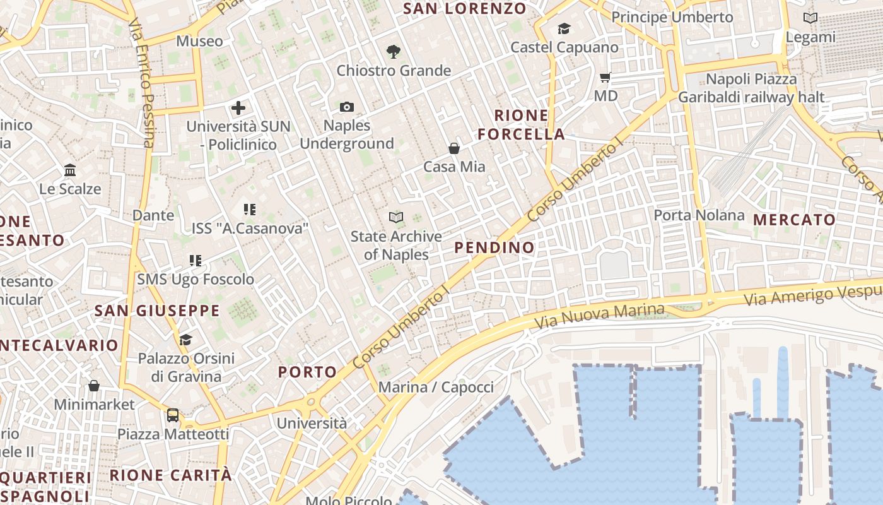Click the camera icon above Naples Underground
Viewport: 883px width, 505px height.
(347, 107)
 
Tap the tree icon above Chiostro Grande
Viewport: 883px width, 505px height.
(394, 52)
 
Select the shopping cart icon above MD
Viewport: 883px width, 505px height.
(605, 78)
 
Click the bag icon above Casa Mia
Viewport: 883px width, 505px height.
(453, 148)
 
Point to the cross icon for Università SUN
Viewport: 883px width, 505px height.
(238, 108)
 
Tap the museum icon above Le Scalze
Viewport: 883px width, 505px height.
(70, 170)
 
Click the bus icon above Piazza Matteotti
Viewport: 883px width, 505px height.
(173, 415)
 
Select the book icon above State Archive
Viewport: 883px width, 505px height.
(396, 218)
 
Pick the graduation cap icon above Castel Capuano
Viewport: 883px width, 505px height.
(564, 29)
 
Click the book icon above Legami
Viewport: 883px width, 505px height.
(810, 18)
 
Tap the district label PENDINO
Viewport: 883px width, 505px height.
(494, 247)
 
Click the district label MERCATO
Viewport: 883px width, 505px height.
(795, 220)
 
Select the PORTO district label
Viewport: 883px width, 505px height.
(308, 372)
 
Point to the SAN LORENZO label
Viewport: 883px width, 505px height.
(464, 8)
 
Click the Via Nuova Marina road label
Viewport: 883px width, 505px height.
(600, 315)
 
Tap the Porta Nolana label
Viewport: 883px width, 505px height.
(699, 215)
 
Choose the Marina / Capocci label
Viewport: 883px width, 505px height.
(436, 387)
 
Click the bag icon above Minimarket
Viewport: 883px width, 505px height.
(94, 385)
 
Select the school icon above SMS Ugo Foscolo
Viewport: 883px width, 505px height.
(196, 260)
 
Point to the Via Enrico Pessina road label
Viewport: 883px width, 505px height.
(141, 82)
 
